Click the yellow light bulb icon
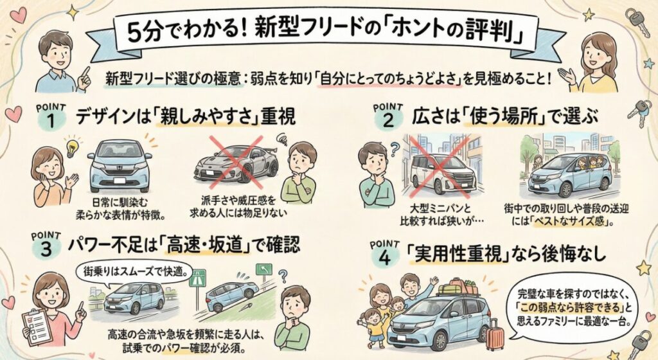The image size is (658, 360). pyautogui.click(x=71, y=145)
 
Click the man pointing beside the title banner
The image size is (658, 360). pyautogui.click(x=57, y=61)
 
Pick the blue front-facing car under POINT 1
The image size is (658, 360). pyautogui.click(x=120, y=163)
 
